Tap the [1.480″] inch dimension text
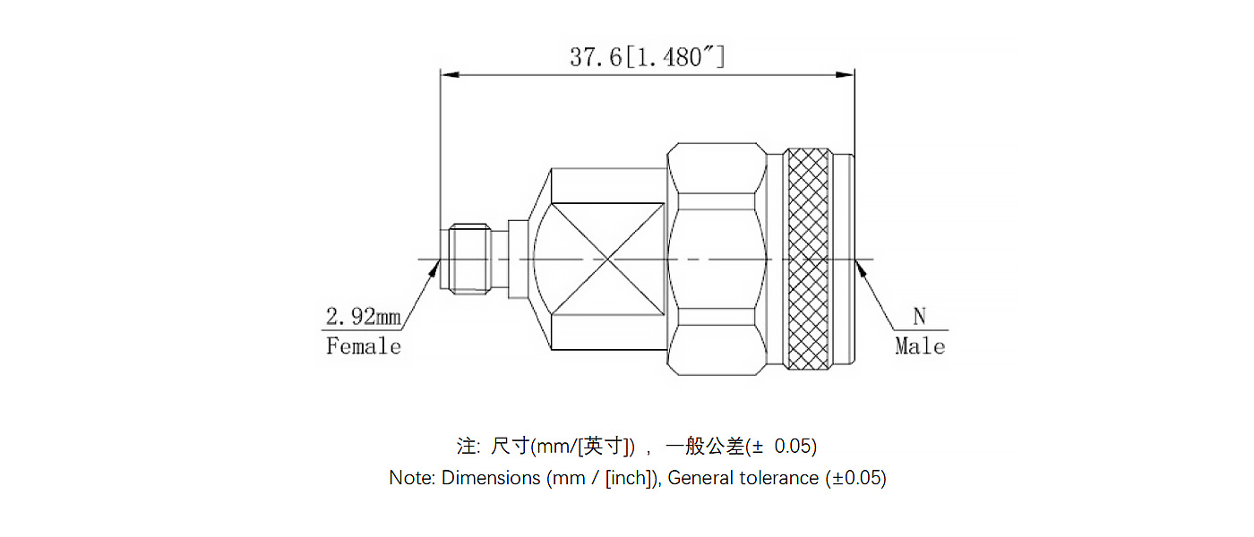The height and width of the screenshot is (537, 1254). (x=674, y=58)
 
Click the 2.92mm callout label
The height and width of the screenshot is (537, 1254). (x=363, y=316)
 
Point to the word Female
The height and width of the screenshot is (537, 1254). (x=363, y=346)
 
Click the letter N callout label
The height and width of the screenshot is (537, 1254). (x=919, y=316)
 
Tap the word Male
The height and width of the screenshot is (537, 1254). (x=920, y=346)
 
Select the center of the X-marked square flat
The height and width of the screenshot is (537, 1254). (x=607, y=260)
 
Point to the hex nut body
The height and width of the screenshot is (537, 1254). (x=717, y=260)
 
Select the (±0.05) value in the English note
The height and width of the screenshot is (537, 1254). (x=855, y=478)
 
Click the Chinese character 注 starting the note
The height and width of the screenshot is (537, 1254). (x=467, y=446)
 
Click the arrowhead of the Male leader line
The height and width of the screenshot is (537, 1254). (x=861, y=266)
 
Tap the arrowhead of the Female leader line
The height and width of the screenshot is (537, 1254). (x=434, y=266)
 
